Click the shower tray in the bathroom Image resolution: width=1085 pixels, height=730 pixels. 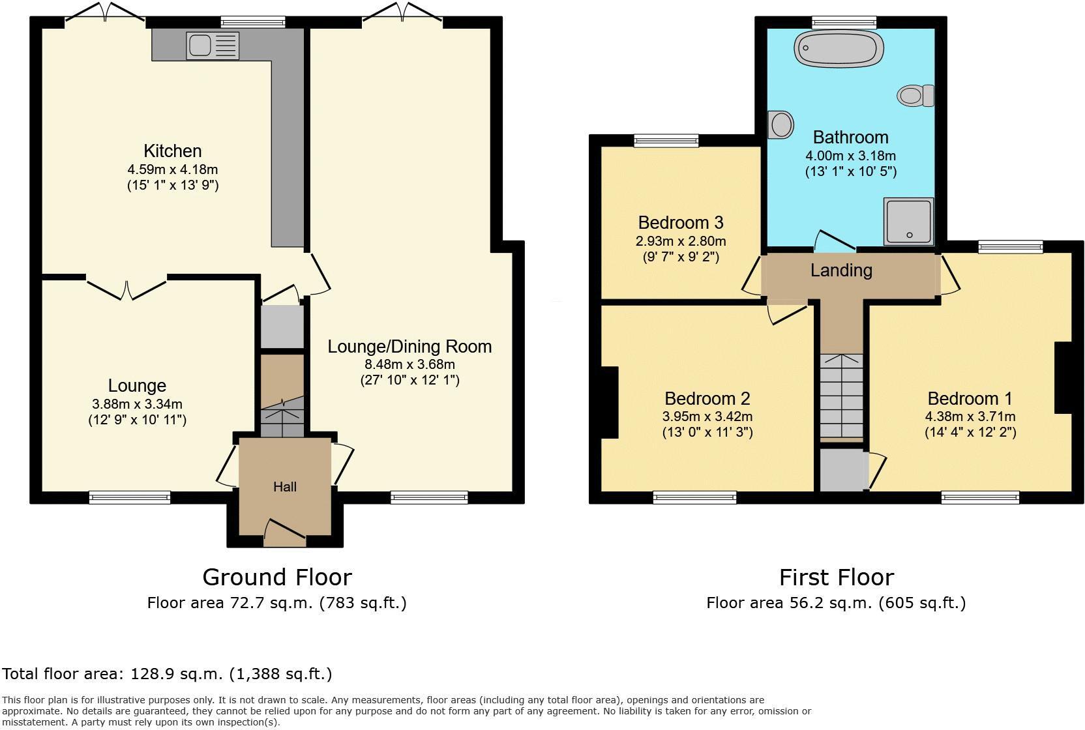(x=908, y=222)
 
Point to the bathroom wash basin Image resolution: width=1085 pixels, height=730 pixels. (x=780, y=124)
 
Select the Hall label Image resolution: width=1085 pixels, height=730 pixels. (x=285, y=487)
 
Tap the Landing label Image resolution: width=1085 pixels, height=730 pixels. (x=841, y=270)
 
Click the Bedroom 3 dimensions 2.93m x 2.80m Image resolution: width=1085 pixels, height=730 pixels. (x=681, y=241)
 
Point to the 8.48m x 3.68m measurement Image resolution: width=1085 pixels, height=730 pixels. (x=409, y=364)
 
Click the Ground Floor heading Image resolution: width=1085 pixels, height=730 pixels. (x=276, y=577)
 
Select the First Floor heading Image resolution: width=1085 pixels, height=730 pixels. (x=836, y=577)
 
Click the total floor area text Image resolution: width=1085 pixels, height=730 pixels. (x=167, y=673)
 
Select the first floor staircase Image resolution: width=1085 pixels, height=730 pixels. (x=841, y=396)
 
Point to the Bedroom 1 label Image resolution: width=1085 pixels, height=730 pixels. (x=970, y=398)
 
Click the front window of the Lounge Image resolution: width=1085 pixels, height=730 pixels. (x=130, y=497)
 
